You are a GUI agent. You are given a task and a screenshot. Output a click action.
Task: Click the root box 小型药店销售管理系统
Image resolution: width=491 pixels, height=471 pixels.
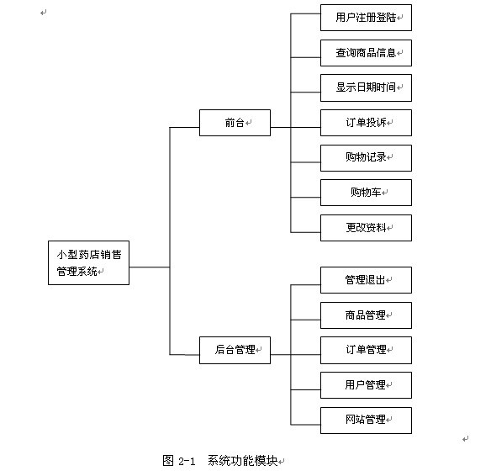[x=88, y=262]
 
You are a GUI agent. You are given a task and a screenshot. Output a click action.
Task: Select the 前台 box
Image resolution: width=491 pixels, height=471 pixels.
[x=235, y=123]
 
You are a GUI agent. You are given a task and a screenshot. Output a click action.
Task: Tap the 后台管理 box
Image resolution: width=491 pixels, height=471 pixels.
[x=235, y=350]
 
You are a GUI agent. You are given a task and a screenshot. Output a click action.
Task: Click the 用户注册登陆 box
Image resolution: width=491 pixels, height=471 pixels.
[x=366, y=18]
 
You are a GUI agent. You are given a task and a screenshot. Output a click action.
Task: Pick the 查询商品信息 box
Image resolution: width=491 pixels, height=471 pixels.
[x=366, y=53]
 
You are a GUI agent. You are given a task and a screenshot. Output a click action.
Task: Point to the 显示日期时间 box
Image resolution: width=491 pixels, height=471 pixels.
[x=366, y=87]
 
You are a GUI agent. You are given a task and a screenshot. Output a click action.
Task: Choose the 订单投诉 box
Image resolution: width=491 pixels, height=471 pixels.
[x=366, y=123]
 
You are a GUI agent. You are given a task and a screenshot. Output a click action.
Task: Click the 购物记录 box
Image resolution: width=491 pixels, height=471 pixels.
[x=366, y=158]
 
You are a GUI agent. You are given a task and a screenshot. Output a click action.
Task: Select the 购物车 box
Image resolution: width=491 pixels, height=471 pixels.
[x=366, y=193]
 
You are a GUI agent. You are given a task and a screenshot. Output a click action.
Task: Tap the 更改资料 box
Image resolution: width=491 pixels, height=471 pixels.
[x=366, y=228]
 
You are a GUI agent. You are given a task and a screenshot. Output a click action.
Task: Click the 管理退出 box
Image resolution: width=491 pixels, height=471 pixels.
[x=366, y=280]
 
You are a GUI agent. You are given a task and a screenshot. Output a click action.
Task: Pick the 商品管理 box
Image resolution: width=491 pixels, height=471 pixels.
[x=366, y=315]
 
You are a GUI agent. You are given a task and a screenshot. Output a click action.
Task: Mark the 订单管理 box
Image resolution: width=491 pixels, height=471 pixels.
[x=366, y=350]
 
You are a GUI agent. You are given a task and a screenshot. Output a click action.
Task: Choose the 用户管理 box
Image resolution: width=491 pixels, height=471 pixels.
[x=366, y=385]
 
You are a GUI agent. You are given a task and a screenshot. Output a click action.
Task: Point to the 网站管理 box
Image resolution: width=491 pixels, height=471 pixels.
[x=366, y=421]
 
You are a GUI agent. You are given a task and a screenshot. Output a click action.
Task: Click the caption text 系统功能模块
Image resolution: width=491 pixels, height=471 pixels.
[x=243, y=461]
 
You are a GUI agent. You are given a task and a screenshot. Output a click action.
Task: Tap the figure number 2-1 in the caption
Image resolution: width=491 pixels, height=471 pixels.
[x=187, y=461]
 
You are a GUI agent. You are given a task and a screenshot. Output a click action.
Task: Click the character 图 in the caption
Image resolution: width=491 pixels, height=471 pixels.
[x=168, y=461]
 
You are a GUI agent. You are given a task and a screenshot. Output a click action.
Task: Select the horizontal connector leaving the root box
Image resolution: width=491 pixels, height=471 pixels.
[x=150, y=267]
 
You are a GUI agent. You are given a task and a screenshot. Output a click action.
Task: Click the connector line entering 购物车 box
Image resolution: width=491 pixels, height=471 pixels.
[x=306, y=198]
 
